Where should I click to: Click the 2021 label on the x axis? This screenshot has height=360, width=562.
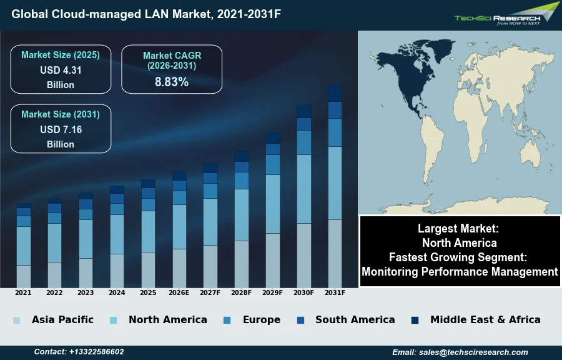(23, 292)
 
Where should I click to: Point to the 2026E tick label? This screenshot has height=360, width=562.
(179, 292)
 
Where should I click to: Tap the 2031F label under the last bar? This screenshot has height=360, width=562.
(335, 292)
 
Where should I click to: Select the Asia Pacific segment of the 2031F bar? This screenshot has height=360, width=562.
(335, 253)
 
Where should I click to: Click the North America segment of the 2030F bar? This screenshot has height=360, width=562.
(304, 189)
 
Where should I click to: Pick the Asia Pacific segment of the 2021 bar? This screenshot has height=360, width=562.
(24, 276)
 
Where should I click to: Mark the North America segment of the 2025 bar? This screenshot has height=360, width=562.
(148, 231)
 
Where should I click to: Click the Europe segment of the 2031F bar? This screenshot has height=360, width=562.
(335, 132)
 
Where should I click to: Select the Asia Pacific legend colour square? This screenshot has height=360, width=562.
(16, 320)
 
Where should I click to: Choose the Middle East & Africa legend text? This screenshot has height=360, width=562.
(485, 319)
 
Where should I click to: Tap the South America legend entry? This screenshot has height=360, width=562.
(355, 319)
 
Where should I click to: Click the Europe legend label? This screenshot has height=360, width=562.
(261, 319)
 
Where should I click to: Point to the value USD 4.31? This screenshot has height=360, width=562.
(61, 71)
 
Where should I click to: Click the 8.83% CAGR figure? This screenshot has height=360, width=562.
(172, 82)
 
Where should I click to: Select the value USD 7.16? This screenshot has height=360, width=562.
(61, 130)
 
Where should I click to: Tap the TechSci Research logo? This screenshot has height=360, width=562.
(505, 16)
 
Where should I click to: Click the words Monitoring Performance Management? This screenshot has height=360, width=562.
(460, 272)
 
